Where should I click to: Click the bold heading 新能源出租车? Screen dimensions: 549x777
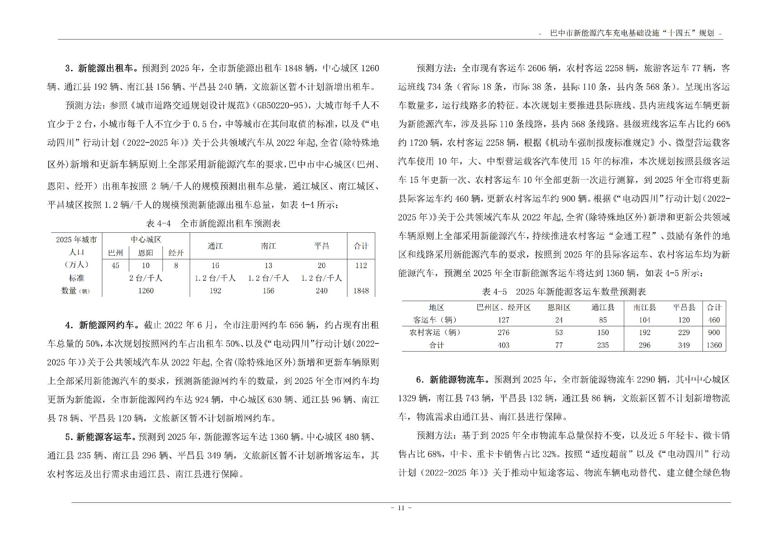tap(105, 68)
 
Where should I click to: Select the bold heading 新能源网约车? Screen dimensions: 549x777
tap(107, 325)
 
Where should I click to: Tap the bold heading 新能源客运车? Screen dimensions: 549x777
tap(104, 437)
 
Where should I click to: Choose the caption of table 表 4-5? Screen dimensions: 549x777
tap(564, 292)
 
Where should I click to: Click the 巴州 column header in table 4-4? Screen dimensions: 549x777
tap(115, 253)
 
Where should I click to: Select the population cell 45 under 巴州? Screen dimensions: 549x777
tap(115, 265)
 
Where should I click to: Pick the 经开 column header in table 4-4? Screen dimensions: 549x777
tap(176, 253)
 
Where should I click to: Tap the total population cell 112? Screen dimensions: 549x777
tap(361, 265)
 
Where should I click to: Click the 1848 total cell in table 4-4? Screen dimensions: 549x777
tap(361, 291)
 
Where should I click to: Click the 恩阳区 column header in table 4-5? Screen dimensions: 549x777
tap(559, 308)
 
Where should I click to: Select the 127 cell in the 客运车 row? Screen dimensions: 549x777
tap(503, 320)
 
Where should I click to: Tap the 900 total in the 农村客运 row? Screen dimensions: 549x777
tap(714, 332)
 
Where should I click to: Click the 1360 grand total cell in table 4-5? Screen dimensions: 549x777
tap(714, 345)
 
